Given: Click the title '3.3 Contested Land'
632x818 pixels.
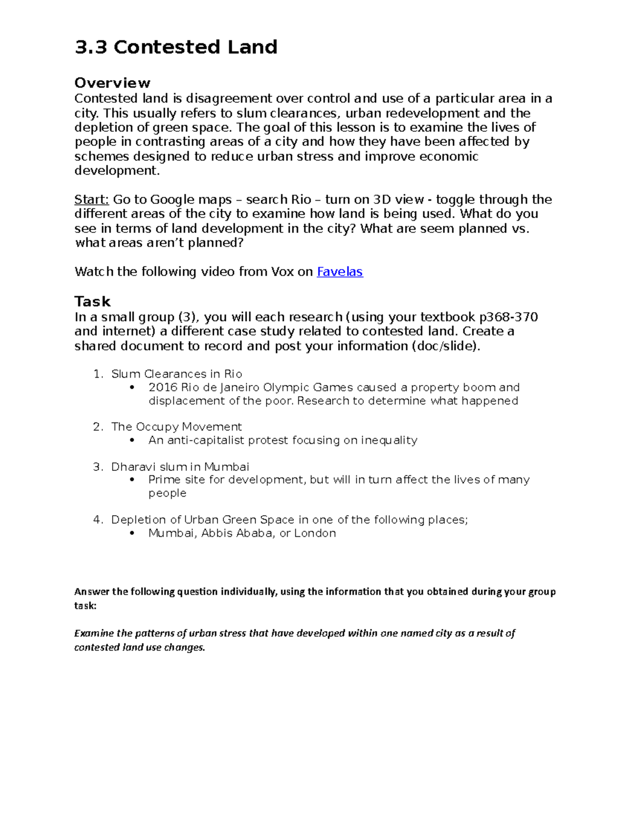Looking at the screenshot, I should click(176, 47).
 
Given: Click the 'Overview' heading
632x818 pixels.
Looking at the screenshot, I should click(112, 83).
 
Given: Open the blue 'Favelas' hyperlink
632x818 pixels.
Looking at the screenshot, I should click(339, 272).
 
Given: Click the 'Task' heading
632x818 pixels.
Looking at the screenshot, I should click(92, 302).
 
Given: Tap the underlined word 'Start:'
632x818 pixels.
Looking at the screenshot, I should click(92, 200).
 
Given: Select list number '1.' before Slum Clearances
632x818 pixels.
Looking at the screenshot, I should click(98, 374).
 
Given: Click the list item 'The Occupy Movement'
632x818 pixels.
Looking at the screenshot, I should click(176, 427).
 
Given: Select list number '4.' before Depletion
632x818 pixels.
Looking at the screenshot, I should click(98, 520).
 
